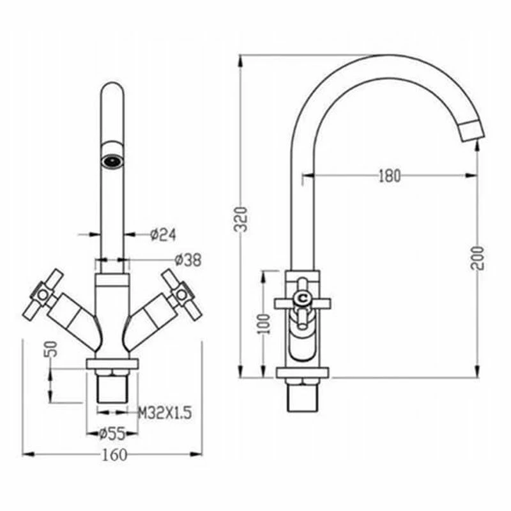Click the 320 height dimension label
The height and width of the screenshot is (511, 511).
tap(241, 218)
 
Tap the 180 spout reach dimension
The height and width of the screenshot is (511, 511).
tap(390, 176)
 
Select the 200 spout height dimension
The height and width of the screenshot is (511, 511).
tap(477, 258)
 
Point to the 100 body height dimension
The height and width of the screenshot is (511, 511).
tap(264, 324)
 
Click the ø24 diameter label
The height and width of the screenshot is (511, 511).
tap(163, 234)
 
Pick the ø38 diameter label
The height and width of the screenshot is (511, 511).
tap(188, 260)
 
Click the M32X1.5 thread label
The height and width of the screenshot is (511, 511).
tap(165, 413)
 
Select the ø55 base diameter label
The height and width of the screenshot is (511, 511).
tap(112, 434)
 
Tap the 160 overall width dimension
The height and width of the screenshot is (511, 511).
tap(114, 455)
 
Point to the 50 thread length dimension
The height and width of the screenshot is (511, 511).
tap(51, 349)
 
